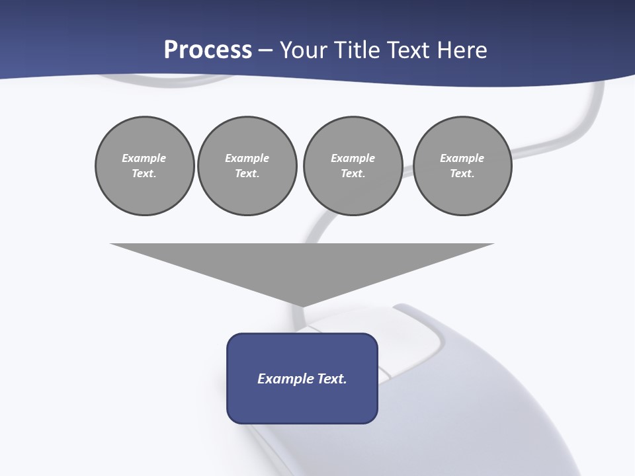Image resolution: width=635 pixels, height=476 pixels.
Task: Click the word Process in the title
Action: tap(208, 50)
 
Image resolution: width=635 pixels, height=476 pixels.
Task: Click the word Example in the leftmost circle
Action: tap(144, 158)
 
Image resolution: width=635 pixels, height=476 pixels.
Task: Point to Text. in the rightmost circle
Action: tap(462, 173)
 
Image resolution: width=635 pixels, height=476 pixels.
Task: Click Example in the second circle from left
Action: tap(247, 158)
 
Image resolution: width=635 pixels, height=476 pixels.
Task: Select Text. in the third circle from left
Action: tap(353, 173)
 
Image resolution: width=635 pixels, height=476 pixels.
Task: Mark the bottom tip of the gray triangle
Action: tap(302, 305)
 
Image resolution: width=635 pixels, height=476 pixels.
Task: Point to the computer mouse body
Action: tap(463, 397)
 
